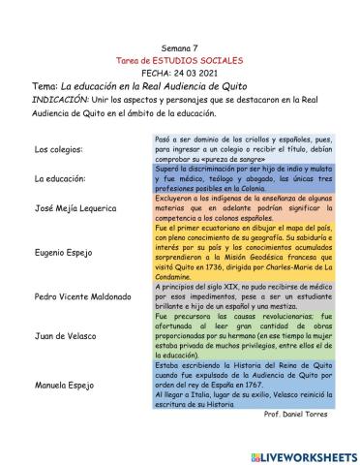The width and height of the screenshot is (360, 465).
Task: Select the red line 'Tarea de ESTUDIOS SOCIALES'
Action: [x=180, y=59]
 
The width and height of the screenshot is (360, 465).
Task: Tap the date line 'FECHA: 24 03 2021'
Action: [x=180, y=73]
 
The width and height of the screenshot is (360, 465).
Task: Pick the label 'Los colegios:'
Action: [x=58, y=150]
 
